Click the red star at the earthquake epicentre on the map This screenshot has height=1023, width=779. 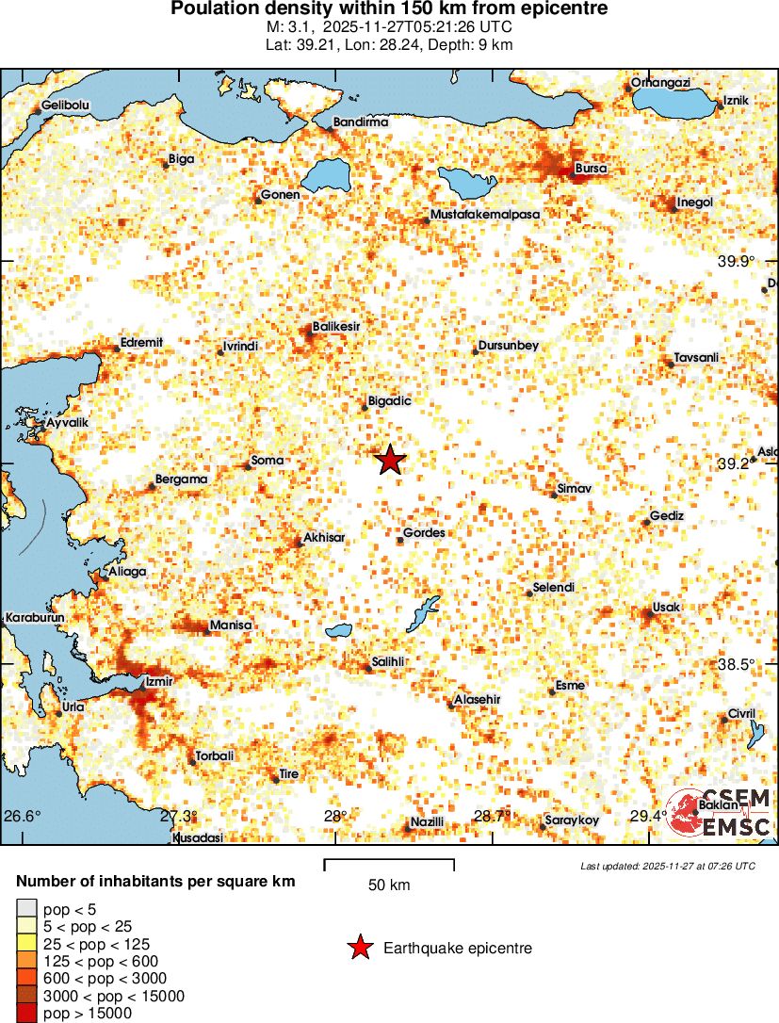tap(390, 461)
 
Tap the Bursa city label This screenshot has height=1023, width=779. tap(591, 169)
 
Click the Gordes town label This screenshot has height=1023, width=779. tap(424, 533)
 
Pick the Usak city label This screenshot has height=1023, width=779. tap(666, 608)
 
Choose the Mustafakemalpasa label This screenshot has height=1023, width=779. tap(484, 215)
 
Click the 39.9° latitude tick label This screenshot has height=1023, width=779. tap(736, 262)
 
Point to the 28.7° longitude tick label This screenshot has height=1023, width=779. tap(491, 816)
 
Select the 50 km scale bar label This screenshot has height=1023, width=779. tap(389, 885)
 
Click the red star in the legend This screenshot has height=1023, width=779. tap(359, 949)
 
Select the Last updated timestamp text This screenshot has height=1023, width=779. tap(668, 866)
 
